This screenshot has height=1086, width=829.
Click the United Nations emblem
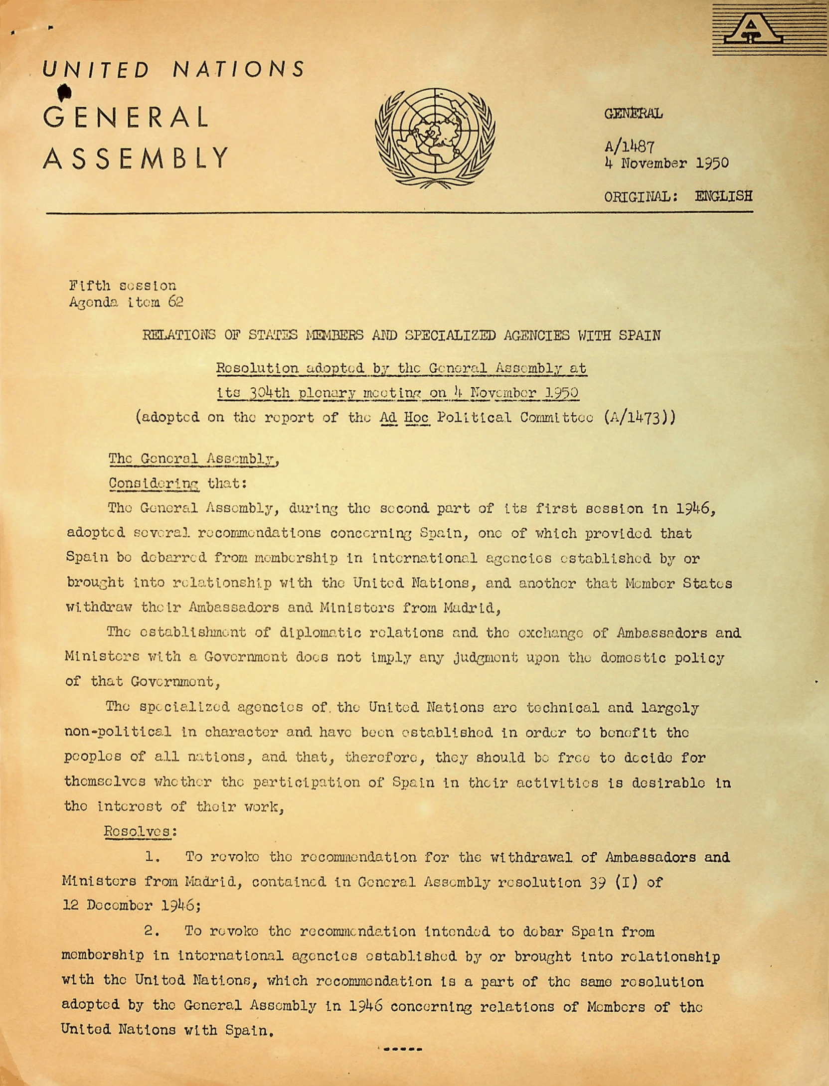tap(435, 138)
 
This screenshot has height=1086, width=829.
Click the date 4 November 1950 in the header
tap(666, 163)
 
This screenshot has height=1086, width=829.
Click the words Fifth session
tap(122, 286)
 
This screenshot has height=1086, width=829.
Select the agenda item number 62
tap(175, 302)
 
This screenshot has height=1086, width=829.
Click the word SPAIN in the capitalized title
tap(640, 335)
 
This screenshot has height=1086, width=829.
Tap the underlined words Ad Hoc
tap(404, 417)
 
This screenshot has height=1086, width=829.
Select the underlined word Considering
tap(154, 483)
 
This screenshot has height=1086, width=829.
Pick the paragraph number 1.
tap(152, 857)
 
